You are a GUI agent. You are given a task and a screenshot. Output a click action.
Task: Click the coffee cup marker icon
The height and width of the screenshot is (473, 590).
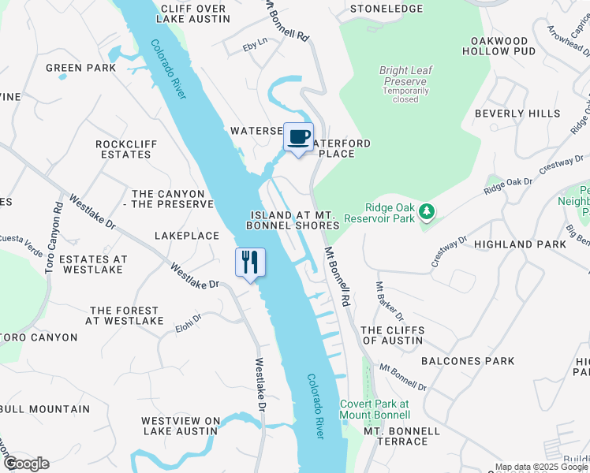(x=298, y=138)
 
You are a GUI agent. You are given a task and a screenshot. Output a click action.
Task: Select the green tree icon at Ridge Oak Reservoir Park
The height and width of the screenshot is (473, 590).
(x=427, y=210)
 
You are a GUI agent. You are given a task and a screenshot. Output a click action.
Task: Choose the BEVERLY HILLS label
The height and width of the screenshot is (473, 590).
(x=517, y=114)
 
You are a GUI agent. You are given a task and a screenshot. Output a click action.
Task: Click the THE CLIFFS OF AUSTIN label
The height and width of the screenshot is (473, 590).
(x=392, y=336)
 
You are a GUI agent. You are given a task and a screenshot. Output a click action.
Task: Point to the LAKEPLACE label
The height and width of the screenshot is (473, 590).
(x=186, y=236)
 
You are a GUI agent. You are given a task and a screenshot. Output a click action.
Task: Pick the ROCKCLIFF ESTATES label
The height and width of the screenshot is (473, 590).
(x=123, y=149)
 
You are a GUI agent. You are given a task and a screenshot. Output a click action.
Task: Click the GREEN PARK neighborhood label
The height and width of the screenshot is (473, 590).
(x=80, y=68)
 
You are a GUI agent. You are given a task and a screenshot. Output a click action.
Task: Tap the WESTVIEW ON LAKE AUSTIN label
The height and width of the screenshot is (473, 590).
(x=181, y=426)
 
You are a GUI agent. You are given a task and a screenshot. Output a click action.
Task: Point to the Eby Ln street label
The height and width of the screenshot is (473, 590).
(x=255, y=46)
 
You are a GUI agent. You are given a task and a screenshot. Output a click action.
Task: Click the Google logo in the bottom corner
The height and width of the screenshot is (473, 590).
(x=27, y=463)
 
